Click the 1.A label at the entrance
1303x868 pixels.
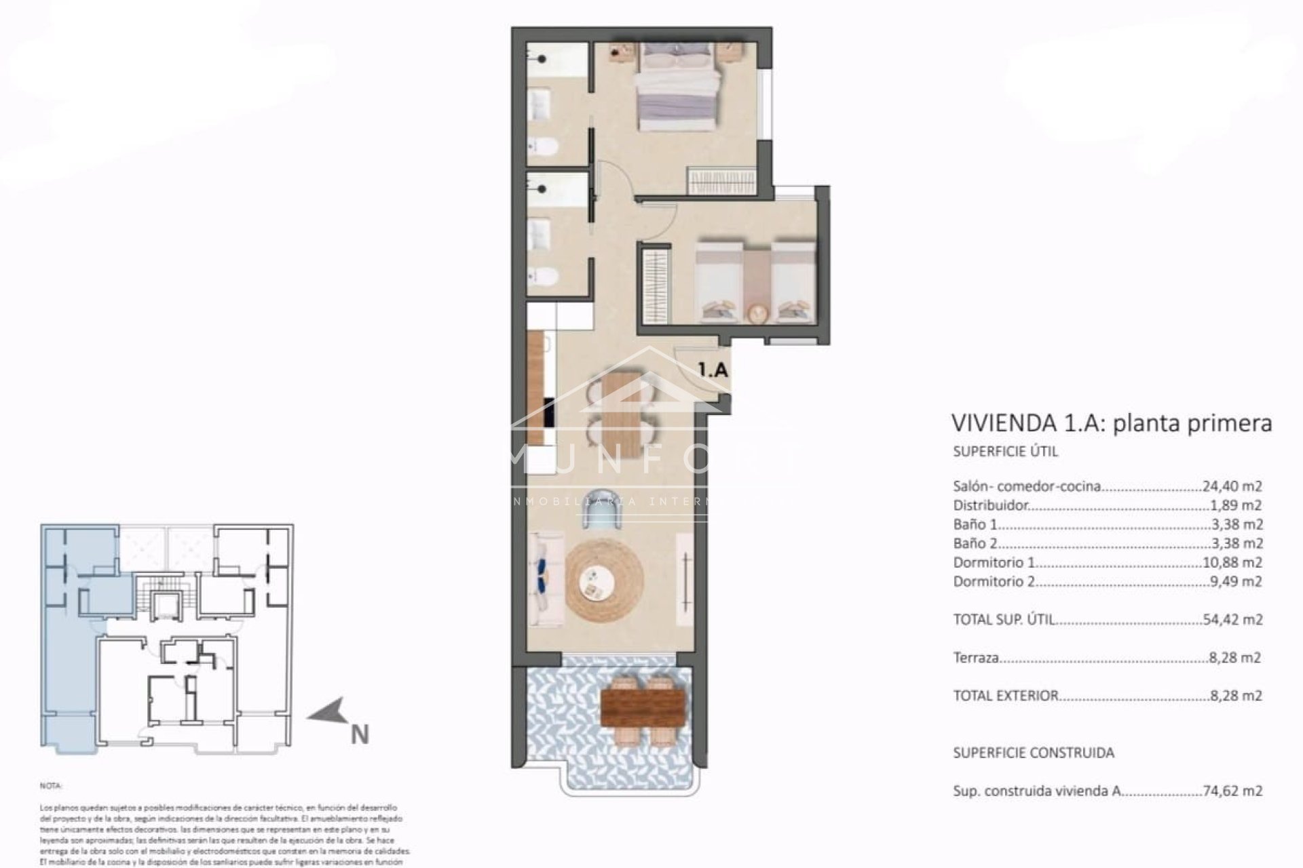coord(713,370)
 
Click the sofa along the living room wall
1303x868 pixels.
coord(546,580)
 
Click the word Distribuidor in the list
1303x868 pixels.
coord(991,505)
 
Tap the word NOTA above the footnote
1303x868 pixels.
coord(51,787)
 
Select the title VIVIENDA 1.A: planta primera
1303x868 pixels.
coord(1112,423)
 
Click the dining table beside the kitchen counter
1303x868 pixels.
coord(622,414)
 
